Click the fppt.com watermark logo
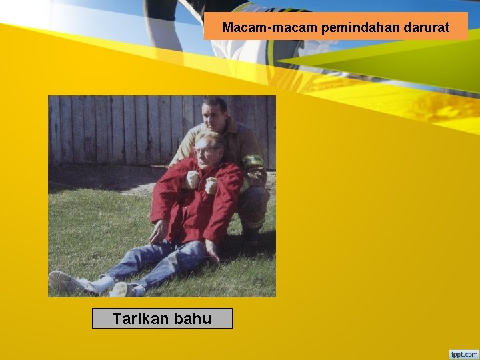click(464, 353)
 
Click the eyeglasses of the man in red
click(205, 151)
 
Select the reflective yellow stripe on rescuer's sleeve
click(253, 161)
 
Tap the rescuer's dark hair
click(215, 103)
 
